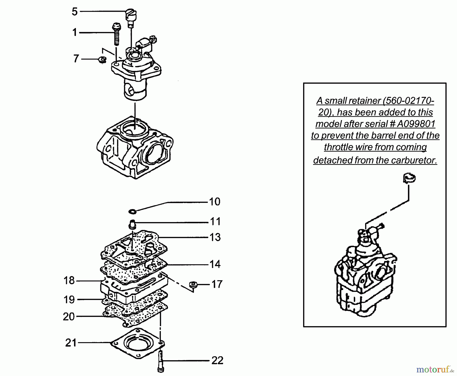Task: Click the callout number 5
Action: (x=74, y=12)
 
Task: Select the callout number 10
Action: (x=215, y=202)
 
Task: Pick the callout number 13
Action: (x=215, y=237)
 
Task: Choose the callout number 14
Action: (x=215, y=264)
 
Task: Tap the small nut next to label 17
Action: (x=193, y=284)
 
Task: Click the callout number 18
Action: (x=69, y=281)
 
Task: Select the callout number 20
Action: (x=69, y=317)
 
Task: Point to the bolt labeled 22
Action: (x=161, y=361)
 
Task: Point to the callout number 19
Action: (x=69, y=300)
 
